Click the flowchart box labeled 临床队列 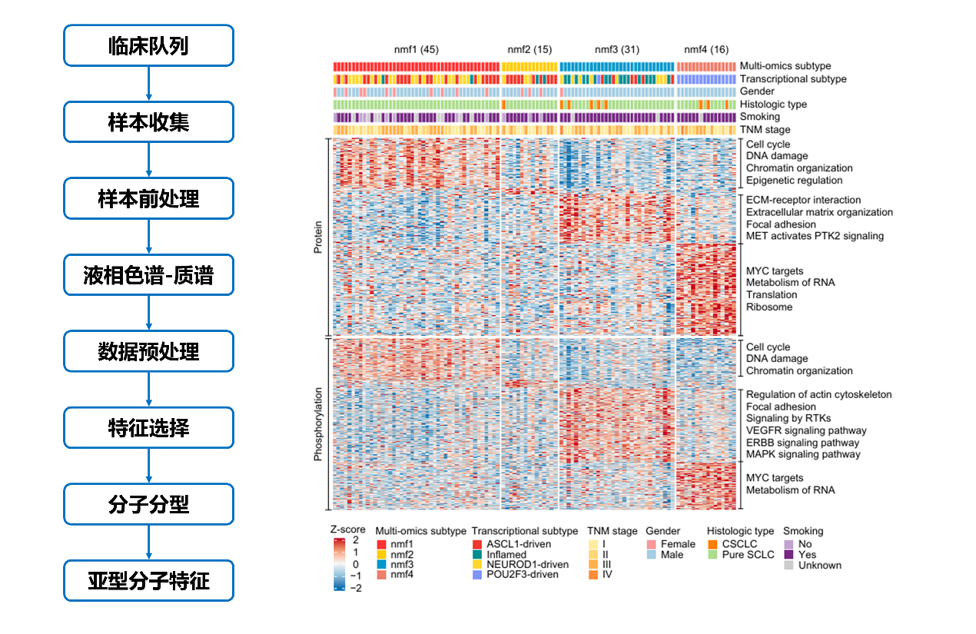(x=148, y=45)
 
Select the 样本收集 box (x=148, y=122)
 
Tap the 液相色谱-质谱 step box (x=148, y=275)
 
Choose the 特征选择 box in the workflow (x=148, y=428)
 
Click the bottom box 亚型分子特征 (x=148, y=581)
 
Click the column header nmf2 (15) (x=529, y=50)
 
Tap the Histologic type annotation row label (x=772, y=105)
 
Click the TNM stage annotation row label (x=764, y=130)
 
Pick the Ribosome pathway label (x=769, y=307)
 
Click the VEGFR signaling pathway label (x=806, y=431)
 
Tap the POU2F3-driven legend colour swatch (x=478, y=575)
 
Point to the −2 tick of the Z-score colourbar (x=356, y=588)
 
